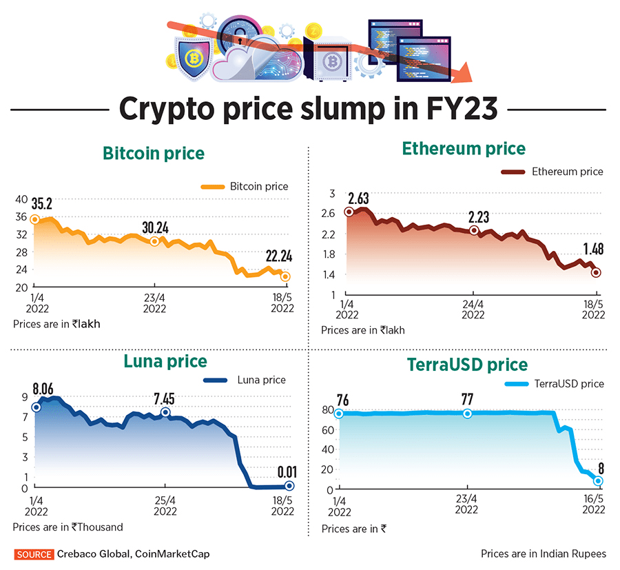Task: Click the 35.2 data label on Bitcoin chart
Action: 41,204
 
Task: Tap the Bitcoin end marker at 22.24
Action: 285,276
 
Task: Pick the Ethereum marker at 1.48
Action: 596,273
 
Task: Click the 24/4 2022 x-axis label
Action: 473,309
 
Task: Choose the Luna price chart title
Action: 165,360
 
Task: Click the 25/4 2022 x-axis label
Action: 165,506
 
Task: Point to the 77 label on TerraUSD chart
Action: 468,399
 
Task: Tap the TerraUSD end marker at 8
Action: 598,481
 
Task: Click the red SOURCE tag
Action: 34,554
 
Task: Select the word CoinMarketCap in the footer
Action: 172,554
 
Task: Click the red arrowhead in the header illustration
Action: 460,72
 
